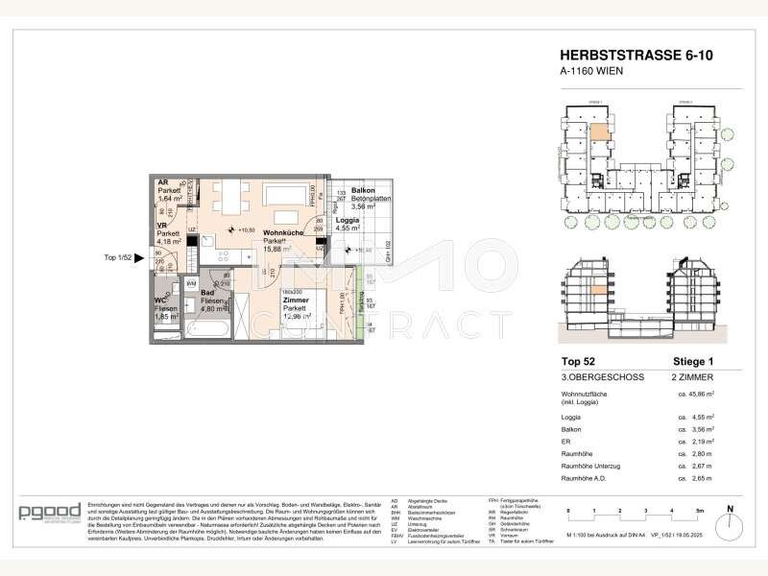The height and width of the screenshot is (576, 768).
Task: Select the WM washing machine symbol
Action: (x=192, y=284)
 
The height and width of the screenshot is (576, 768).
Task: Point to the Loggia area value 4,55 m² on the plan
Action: (x=348, y=229)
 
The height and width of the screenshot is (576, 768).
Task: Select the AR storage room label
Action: (x=163, y=181)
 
